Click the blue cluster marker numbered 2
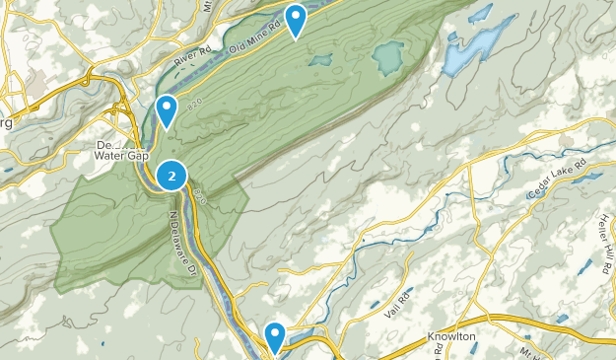pos(172,177)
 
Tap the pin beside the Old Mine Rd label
pos(295,19)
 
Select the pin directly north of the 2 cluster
pos(168,108)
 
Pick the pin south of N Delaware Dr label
pos(275,334)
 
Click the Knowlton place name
pos(452,336)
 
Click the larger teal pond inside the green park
pos(388,59)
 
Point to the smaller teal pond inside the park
pos(320,60)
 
